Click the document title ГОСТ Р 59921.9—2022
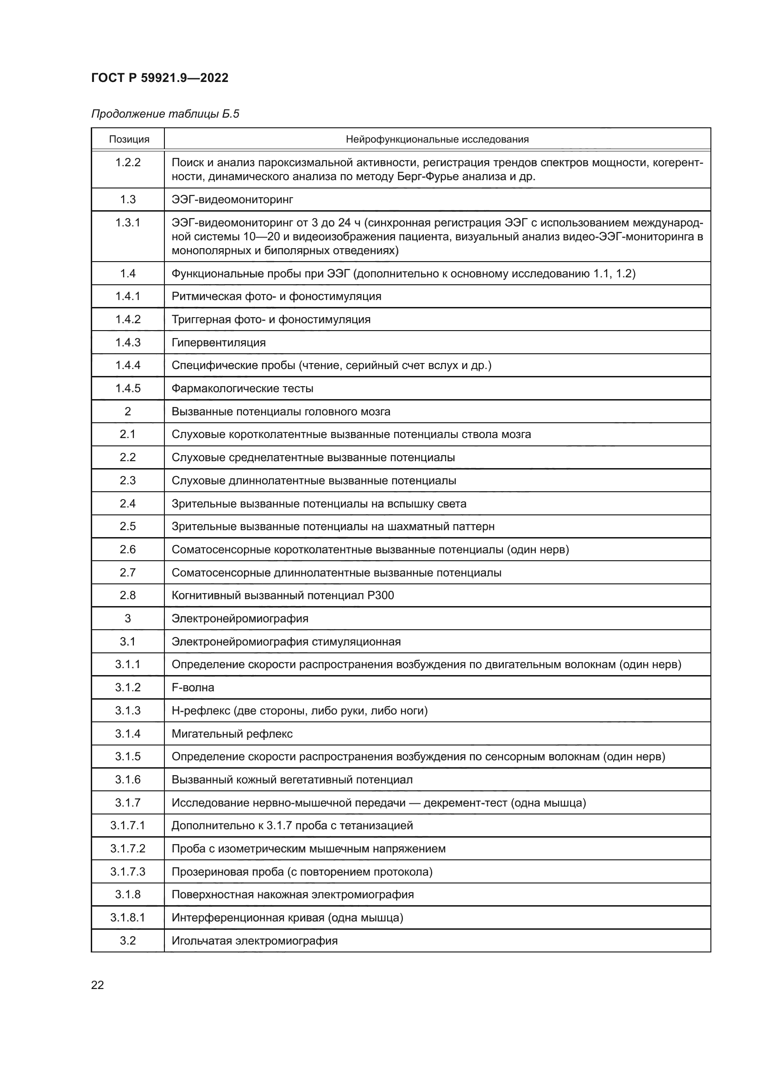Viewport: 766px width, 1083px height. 159,78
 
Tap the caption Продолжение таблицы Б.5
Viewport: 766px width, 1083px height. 165,114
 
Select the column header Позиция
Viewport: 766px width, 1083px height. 129,139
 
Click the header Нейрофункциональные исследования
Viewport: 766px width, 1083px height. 437,139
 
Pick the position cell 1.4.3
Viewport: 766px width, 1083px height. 128,343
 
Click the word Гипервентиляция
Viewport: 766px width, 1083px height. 219,343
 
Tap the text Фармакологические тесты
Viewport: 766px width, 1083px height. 242,388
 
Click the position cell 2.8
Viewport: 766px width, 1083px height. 128,595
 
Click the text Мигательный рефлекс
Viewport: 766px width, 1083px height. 232,733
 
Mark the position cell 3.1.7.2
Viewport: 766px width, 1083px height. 128,849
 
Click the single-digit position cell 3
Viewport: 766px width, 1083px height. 128,619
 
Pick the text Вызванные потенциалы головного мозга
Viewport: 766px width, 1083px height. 281,411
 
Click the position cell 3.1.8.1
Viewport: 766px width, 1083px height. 128,917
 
